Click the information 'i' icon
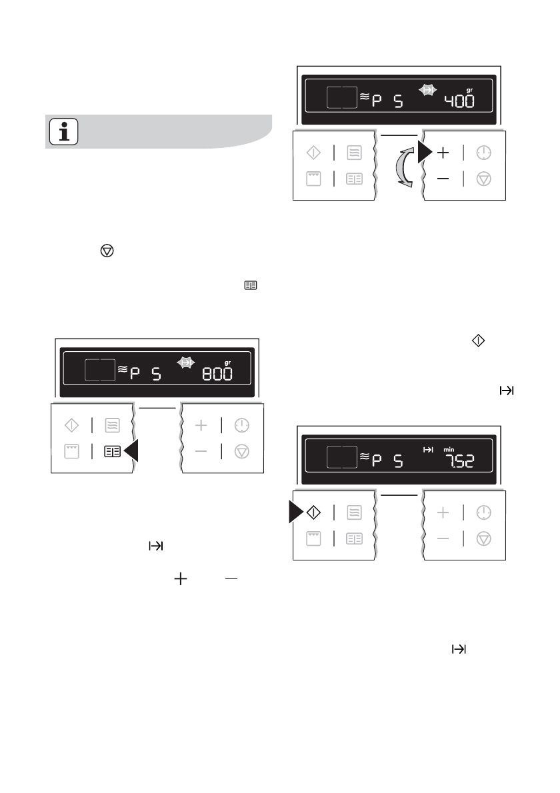64,133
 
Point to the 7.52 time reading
459,460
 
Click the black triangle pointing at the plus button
424,153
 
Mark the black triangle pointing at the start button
296,512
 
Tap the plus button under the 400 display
443,153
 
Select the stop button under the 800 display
241,451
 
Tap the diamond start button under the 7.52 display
313,512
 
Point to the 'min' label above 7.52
448,449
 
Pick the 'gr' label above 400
469,90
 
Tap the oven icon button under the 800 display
71,451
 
